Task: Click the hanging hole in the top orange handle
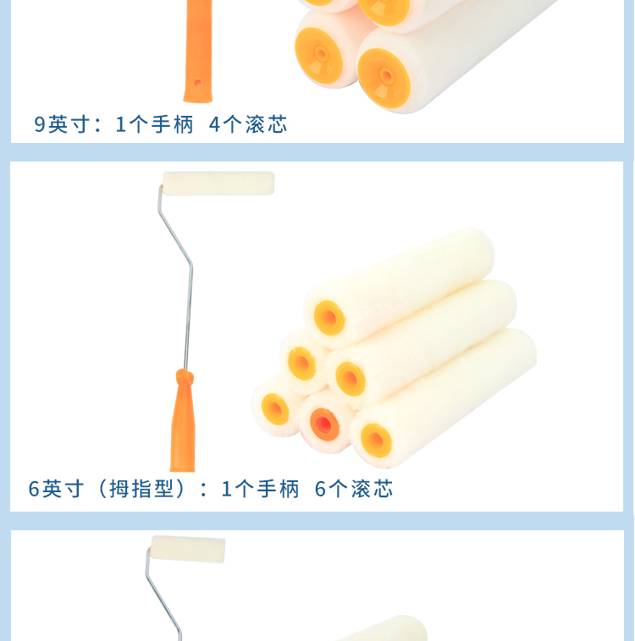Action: click(197, 83)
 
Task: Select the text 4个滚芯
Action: click(248, 124)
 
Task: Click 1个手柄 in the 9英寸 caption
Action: click(154, 124)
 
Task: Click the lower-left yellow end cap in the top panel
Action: click(318, 56)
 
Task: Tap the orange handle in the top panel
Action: click(199, 51)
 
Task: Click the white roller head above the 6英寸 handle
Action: click(218, 184)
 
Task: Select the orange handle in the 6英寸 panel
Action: click(183, 420)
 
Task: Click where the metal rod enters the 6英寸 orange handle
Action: click(185, 370)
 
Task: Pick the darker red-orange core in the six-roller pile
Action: click(324, 425)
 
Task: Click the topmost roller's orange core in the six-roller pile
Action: click(329, 318)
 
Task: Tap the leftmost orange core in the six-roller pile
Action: click(274, 409)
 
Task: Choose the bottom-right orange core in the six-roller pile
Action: click(376, 441)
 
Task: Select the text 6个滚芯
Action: click(354, 489)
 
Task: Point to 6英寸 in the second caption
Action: click(56, 489)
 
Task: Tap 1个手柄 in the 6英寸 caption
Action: click(260, 489)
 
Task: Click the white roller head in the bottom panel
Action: click(188, 549)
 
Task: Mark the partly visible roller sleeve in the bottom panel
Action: click(381, 629)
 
